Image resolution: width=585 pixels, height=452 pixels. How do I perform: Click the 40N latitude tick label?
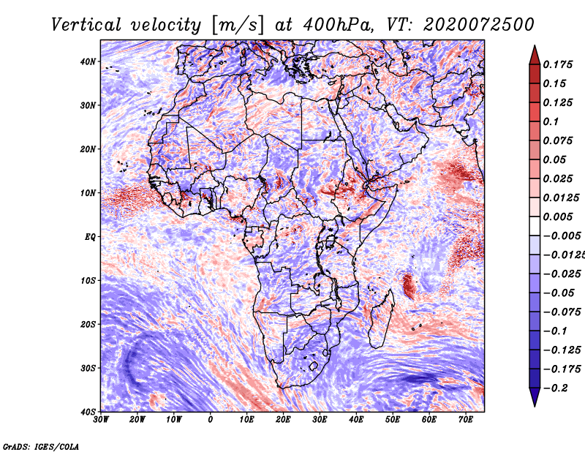(87, 61)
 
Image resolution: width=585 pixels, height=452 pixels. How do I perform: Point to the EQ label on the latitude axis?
(89, 237)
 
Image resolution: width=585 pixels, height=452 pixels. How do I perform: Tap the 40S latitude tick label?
(87, 412)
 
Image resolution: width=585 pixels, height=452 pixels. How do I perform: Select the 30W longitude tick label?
(101, 420)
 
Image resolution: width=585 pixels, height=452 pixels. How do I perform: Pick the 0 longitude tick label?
(211, 420)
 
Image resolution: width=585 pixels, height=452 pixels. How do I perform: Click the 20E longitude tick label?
(283, 420)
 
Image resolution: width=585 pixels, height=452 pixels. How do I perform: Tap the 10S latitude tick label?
(87, 281)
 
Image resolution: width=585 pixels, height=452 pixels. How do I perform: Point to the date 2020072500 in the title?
(472, 25)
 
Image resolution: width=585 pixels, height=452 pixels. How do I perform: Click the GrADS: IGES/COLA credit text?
(41, 445)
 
